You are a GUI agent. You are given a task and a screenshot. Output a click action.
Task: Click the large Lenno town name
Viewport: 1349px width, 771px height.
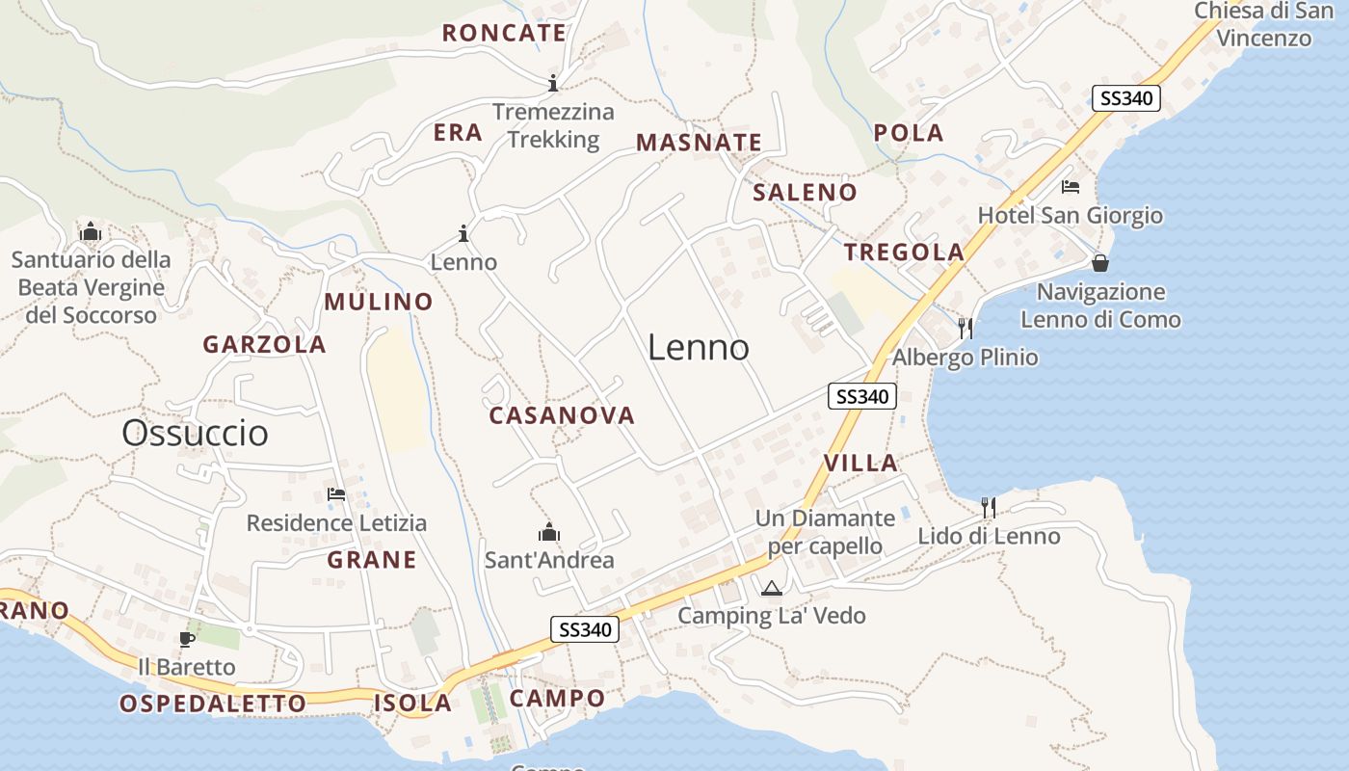point(698,347)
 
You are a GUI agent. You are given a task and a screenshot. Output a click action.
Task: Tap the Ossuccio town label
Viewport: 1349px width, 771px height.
point(195,433)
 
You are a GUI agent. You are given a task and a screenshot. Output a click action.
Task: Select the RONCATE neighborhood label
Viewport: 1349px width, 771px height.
point(504,33)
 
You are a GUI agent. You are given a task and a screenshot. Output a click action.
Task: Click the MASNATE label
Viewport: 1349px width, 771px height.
point(699,143)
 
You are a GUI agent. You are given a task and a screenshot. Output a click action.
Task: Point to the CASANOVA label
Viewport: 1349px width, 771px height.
point(562,415)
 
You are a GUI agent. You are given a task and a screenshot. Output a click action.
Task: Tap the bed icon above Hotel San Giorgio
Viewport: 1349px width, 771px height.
point(1070,187)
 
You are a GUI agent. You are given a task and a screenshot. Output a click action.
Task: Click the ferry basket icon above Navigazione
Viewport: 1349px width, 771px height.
point(1099,263)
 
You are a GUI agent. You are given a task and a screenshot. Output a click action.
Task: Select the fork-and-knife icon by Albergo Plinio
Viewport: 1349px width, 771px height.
point(965,329)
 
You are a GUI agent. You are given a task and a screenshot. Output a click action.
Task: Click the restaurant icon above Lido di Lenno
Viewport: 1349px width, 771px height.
point(988,508)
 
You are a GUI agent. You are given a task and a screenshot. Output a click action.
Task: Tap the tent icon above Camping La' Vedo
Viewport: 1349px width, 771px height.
point(771,588)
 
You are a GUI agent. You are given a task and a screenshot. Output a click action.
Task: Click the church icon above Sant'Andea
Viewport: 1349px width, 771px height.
point(549,532)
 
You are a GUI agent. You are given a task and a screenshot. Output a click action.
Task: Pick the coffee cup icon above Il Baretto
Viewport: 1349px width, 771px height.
point(186,639)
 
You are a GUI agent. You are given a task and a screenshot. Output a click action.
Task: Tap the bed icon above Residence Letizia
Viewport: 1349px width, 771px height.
point(336,495)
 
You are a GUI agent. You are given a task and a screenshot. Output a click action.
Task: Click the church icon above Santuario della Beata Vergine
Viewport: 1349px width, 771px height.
point(91,231)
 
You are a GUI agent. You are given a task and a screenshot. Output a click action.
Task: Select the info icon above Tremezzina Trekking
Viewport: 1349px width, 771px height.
point(553,83)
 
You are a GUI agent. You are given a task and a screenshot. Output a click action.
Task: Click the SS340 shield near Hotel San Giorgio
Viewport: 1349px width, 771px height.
point(1125,98)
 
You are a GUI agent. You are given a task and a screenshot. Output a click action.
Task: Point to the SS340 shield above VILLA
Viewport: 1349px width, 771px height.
point(862,396)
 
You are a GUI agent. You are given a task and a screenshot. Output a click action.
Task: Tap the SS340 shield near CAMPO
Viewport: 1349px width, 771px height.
point(585,630)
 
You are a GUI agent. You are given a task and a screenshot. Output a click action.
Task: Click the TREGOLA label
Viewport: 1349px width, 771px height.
point(904,253)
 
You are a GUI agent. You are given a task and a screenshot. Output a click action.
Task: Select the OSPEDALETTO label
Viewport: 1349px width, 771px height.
point(213,704)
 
